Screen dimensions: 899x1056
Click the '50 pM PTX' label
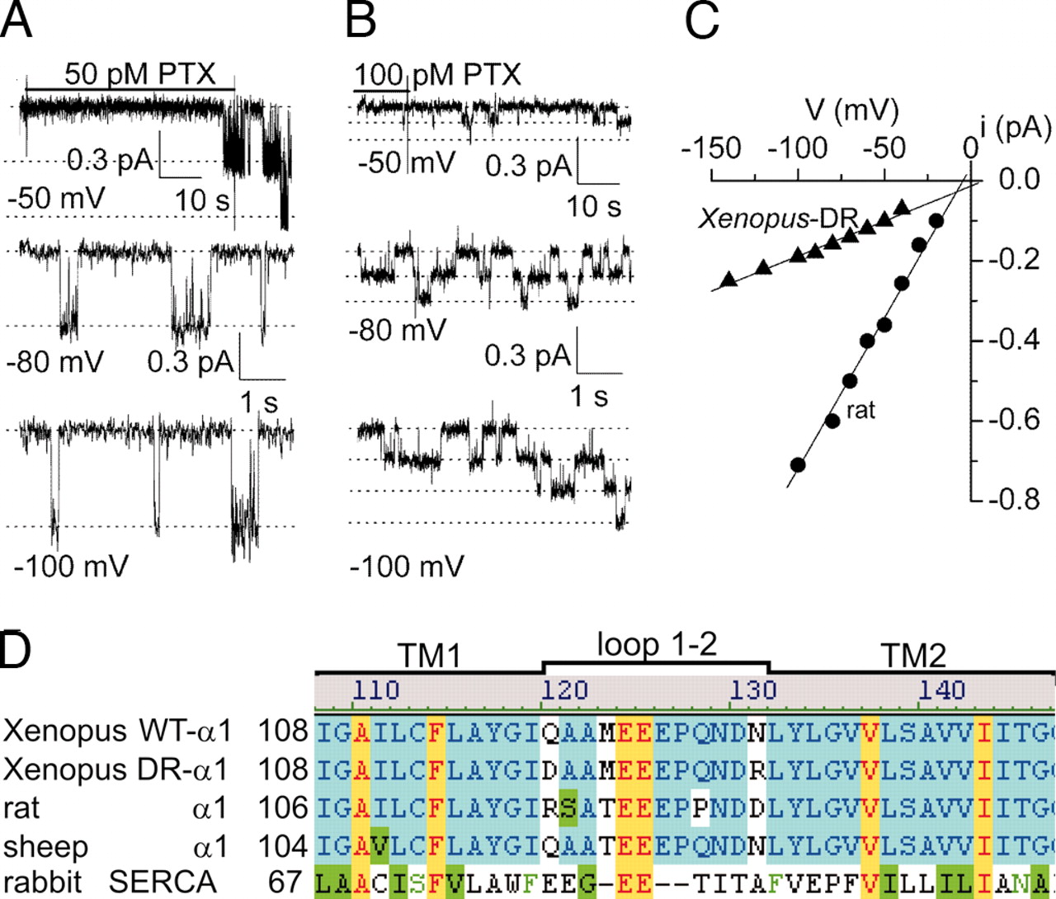click(139, 74)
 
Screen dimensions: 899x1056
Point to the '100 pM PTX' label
click(438, 75)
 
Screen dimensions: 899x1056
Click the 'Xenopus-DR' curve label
click(778, 219)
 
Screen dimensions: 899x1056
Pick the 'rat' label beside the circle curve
click(860, 409)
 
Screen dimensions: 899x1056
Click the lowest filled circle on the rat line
click(798, 465)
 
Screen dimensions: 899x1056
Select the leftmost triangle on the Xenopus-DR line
click(728, 280)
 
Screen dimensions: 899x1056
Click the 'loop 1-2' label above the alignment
click(657, 645)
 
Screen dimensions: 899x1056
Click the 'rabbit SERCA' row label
click(109, 882)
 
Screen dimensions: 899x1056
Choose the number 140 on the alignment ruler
click(941, 688)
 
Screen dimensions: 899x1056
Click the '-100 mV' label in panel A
click(71, 567)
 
